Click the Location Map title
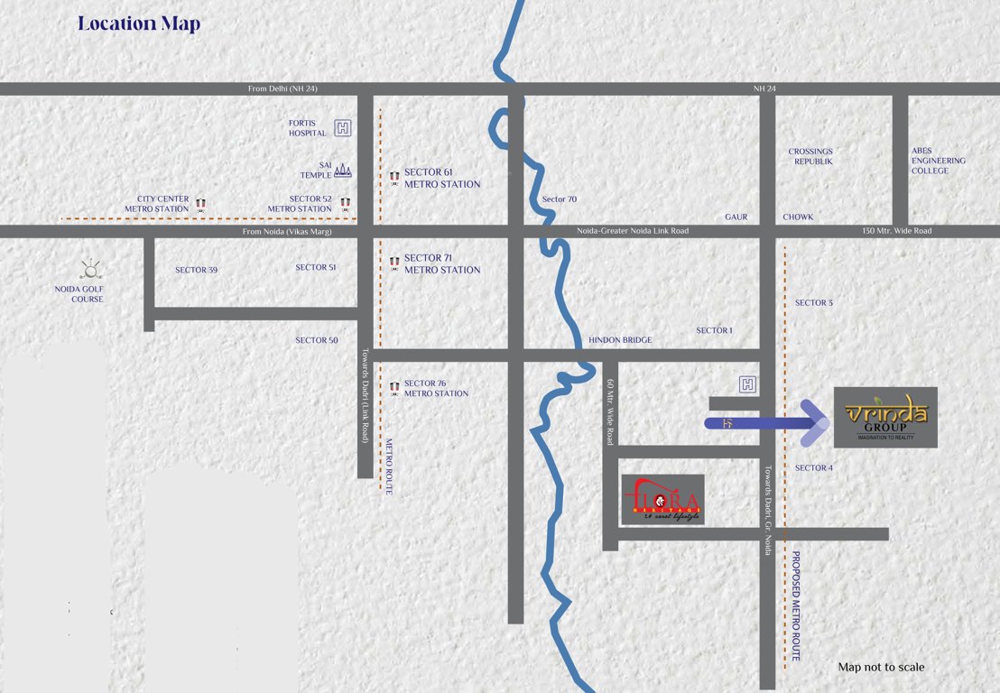click(x=138, y=23)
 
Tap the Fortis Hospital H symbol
click(x=343, y=128)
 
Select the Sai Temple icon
click(x=343, y=170)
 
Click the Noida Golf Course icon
click(x=90, y=269)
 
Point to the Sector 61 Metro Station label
click(x=441, y=178)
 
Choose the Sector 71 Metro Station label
click(x=441, y=263)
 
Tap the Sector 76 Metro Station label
click(x=436, y=388)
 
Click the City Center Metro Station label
click(x=163, y=204)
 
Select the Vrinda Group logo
click(x=885, y=417)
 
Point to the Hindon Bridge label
click(x=620, y=340)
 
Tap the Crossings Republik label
click(x=810, y=156)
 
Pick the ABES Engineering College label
click(x=938, y=161)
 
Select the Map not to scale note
click(x=881, y=667)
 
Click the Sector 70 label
click(x=559, y=199)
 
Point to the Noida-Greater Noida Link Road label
click(x=633, y=231)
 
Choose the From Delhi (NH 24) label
click(x=282, y=88)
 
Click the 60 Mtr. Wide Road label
click(x=610, y=411)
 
